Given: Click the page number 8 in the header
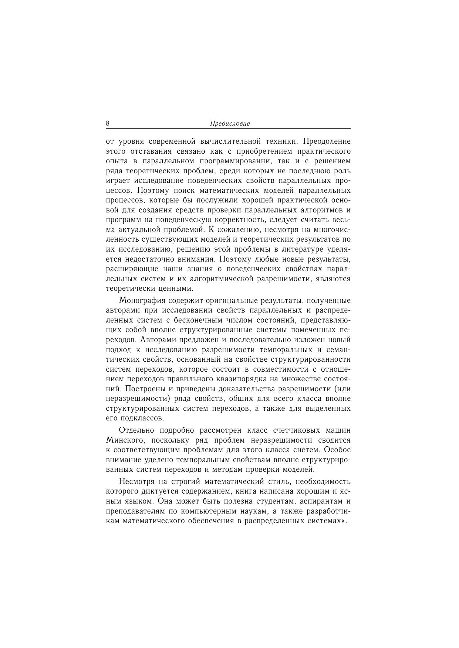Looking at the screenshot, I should coord(108,123).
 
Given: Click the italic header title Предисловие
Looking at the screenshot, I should coord(230,124).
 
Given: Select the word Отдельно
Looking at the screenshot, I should coord(135,430).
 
